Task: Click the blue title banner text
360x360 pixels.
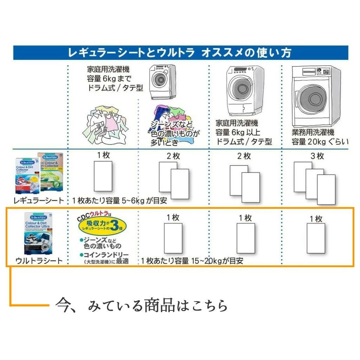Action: pyautogui.click(x=180, y=53)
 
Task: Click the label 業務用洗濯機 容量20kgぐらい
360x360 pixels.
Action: pyautogui.click(x=320, y=137)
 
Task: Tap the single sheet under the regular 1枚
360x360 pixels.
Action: pyautogui.click(x=103, y=176)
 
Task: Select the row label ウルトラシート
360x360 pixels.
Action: pyautogui.click(x=39, y=261)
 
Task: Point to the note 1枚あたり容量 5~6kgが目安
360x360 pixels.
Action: pyautogui.click(x=120, y=201)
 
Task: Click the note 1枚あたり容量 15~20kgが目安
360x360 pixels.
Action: pyautogui.click(x=192, y=261)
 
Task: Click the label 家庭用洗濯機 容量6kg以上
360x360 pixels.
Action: pyautogui.click(x=244, y=133)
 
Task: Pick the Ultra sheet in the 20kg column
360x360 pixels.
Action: pyautogui.click(x=316, y=238)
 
